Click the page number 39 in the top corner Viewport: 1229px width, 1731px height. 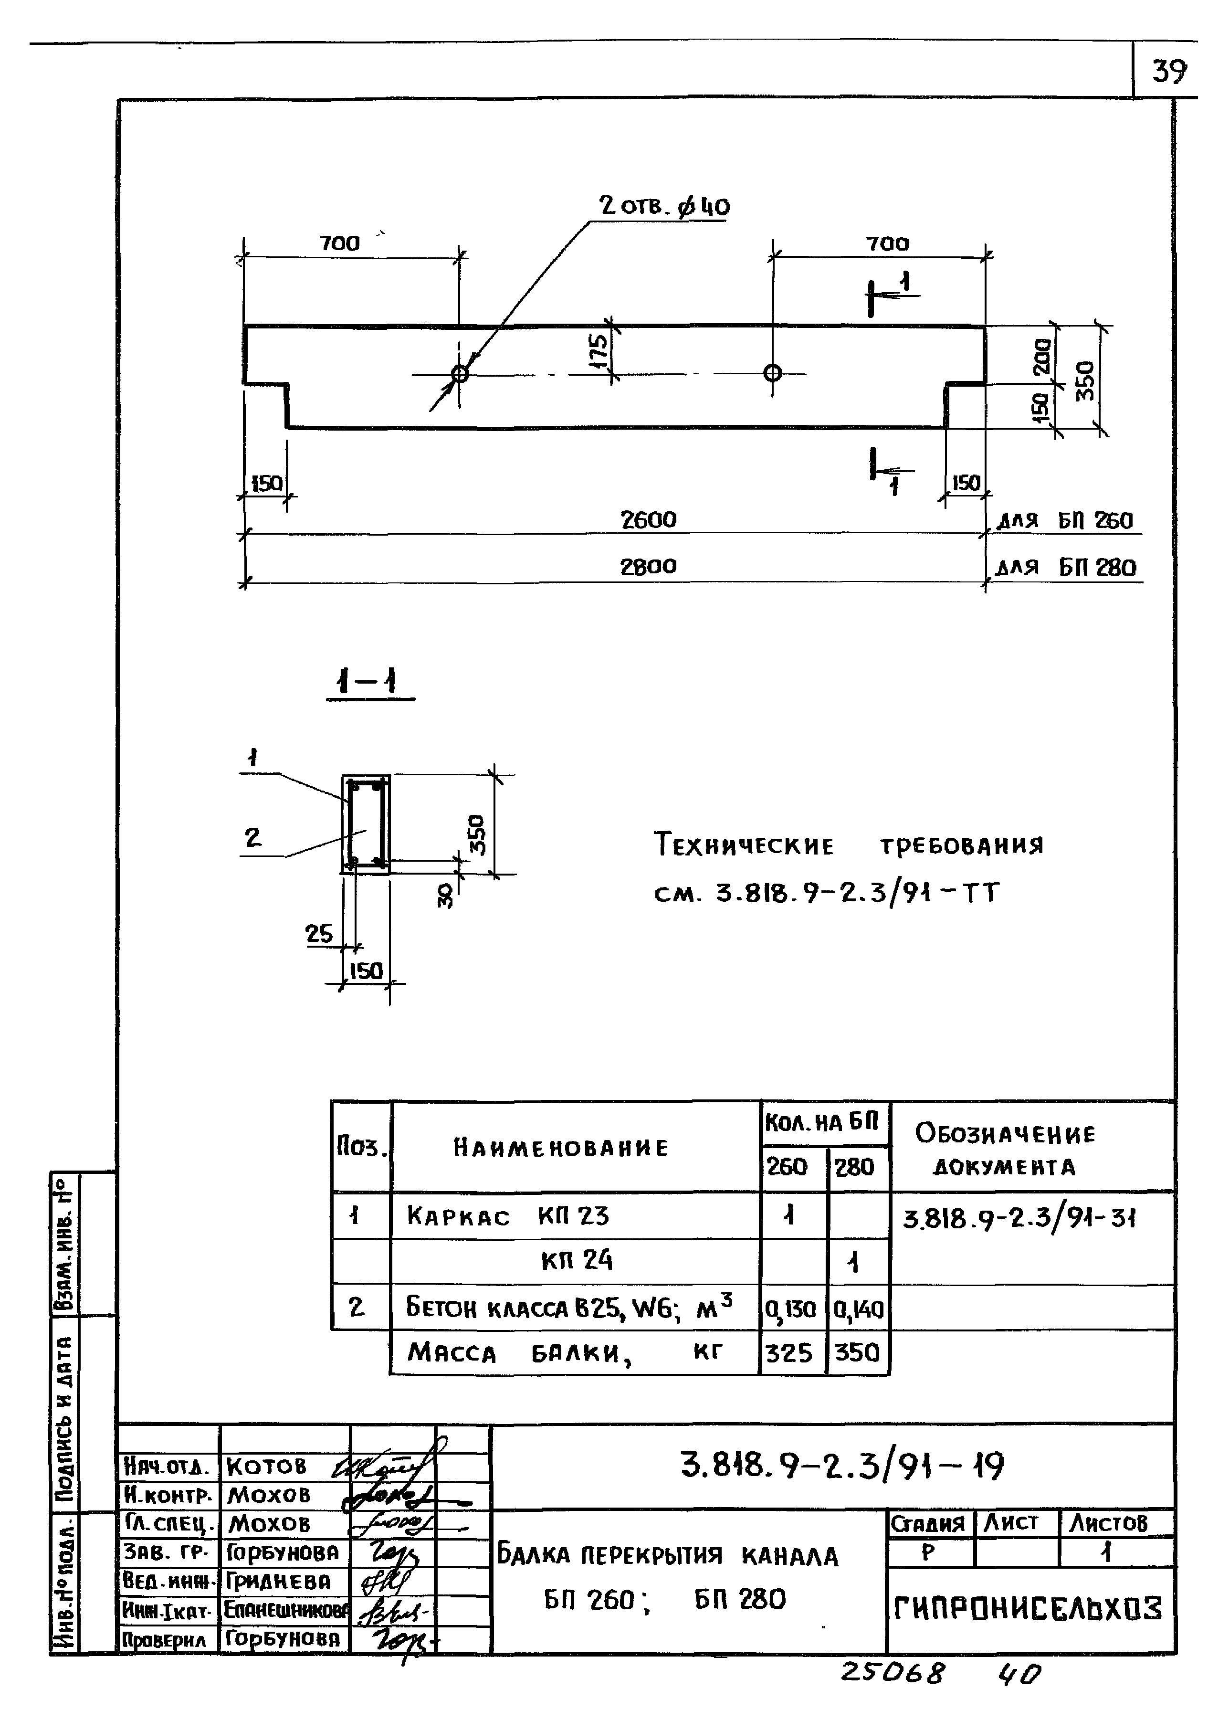[x=1169, y=72]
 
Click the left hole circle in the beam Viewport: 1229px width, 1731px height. [x=459, y=373]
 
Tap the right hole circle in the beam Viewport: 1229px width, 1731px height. [x=772, y=372]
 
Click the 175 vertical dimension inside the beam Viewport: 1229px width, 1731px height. [x=598, y=352]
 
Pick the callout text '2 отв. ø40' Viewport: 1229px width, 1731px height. [x=664, y=206]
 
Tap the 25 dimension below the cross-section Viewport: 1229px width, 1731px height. [x=319, y=934]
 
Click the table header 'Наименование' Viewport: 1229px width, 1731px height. [x=561, y=1148]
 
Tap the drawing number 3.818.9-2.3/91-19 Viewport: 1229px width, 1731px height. [x=841, y=1466]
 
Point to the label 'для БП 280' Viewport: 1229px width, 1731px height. [x=1066, y=568]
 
